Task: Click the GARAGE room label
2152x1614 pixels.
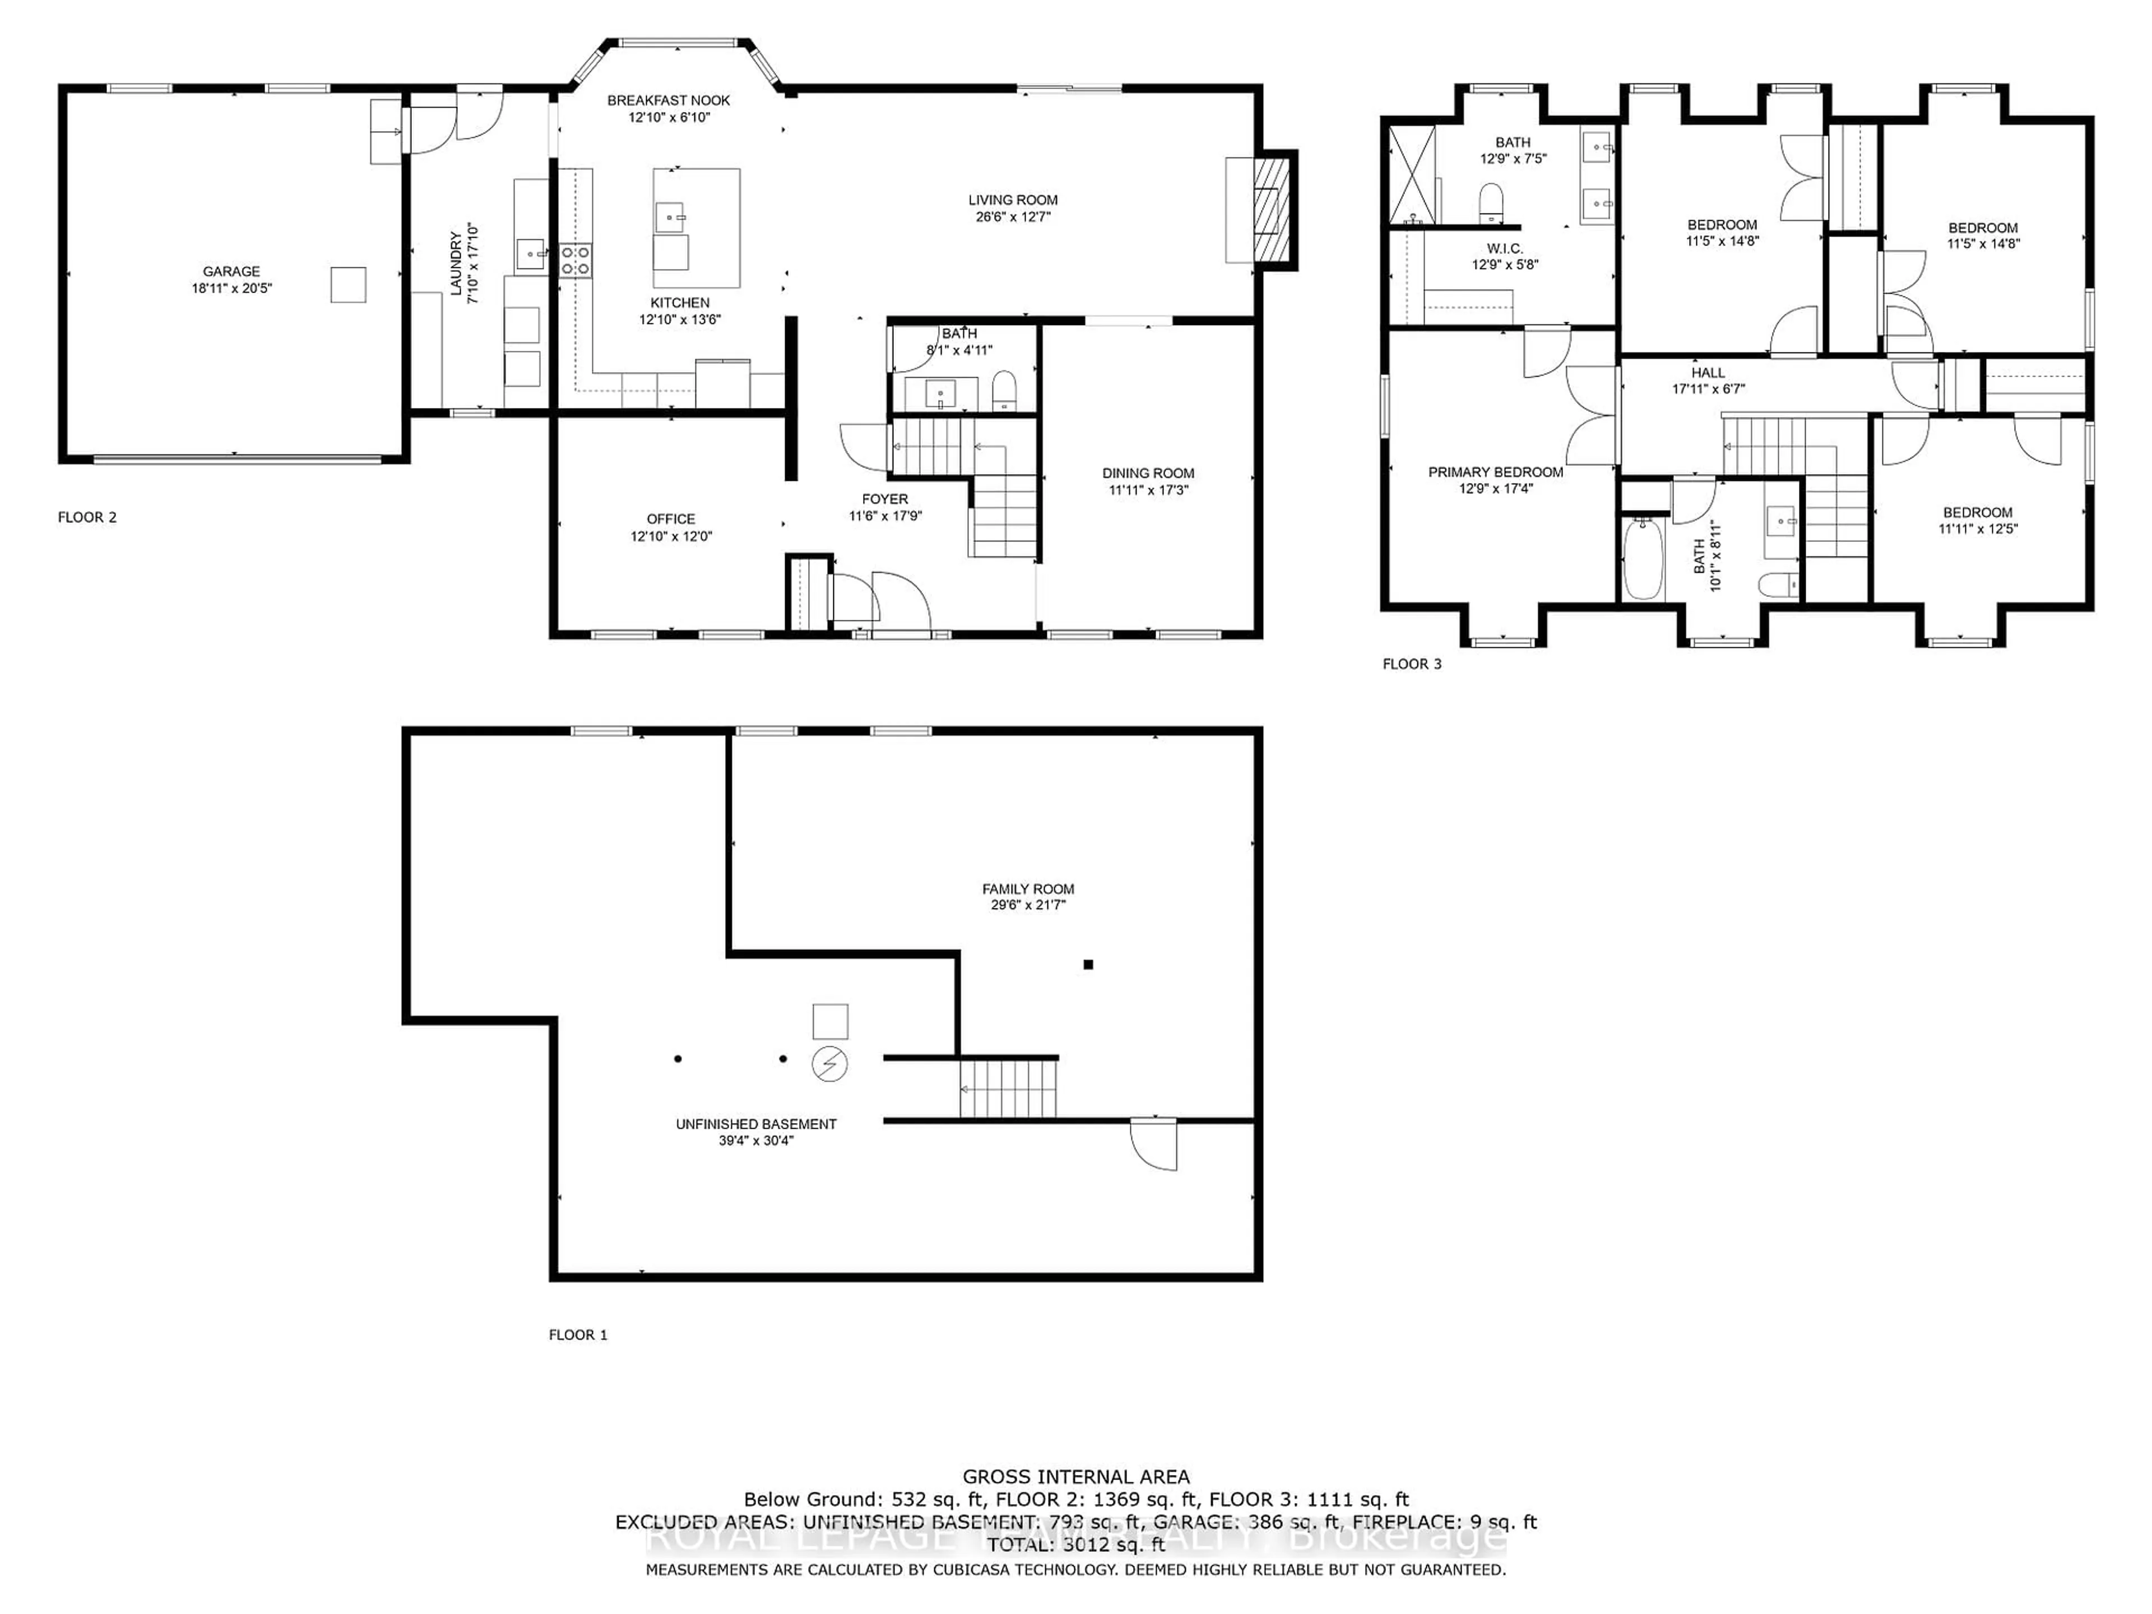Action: point(231,271)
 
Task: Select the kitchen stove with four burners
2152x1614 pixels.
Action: point(575,260)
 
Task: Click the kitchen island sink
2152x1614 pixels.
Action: point(670,216)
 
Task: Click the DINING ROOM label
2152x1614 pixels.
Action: point(1148,473)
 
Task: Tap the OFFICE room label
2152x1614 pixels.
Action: point(670,518)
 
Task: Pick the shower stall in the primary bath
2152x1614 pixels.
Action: point(1412,174)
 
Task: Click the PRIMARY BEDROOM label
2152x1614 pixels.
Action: point(1495,472)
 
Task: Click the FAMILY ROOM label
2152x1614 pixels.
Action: point(1027,888)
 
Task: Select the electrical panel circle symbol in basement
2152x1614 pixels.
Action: point(830,1064)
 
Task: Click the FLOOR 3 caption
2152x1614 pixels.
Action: point(1412,664)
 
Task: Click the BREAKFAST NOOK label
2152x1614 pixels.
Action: point(669,100)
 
